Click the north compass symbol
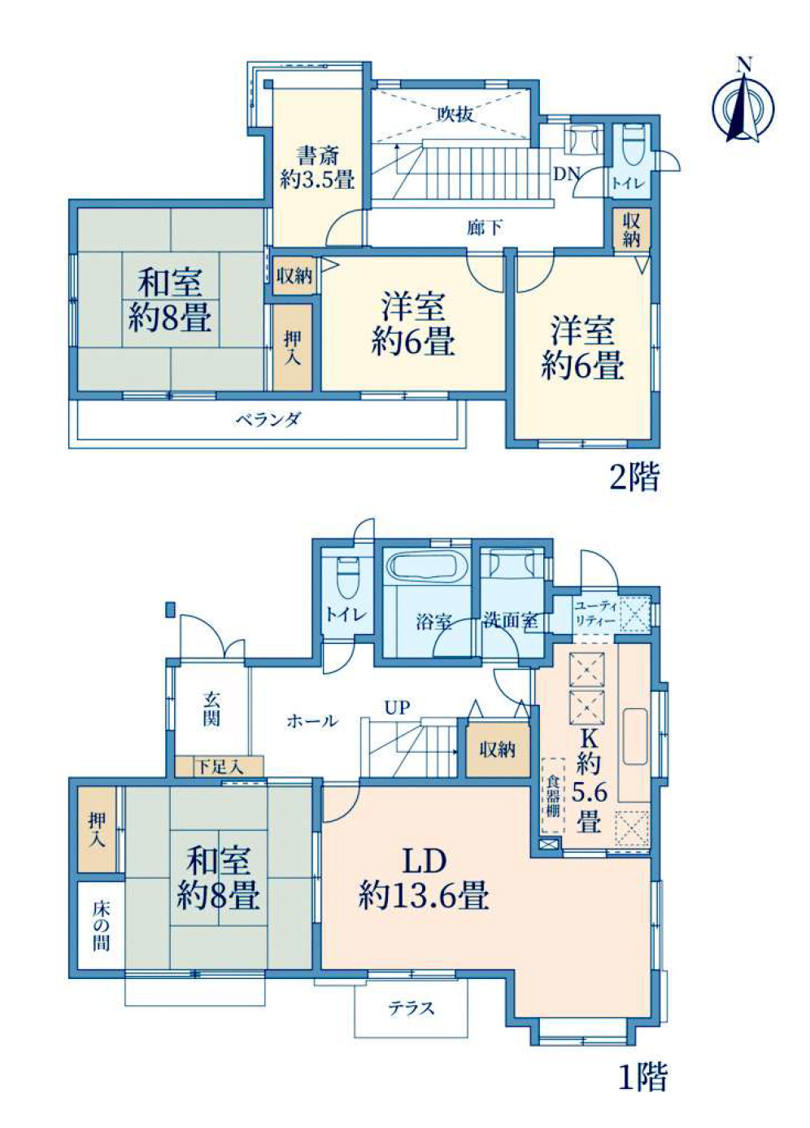[743, 103]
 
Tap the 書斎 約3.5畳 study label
[317, 167]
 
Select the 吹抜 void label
[455, 115]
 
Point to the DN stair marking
[567, 173]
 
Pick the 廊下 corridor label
[484, 228]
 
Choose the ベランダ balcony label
[268, 419]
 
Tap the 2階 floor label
[634, 477]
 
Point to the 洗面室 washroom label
[511, 620]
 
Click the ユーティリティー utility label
[595, 613]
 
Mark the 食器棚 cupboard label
[553, 795]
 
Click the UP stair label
[398, 707]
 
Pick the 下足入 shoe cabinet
[220, 766]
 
